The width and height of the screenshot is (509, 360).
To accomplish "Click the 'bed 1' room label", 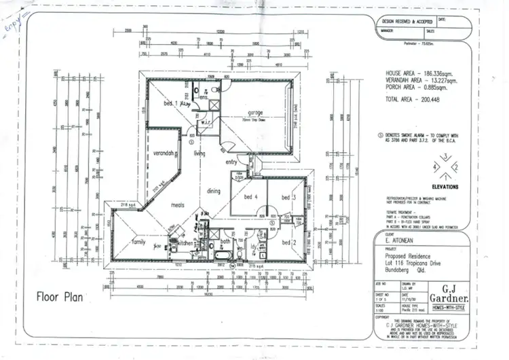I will pyautogui.click(x=170, y=103).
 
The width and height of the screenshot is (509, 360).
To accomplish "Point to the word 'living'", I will pyautogui.click(x=200, y=154).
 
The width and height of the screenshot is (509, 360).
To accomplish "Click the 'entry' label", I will pyautogui.click(x=232, y=162).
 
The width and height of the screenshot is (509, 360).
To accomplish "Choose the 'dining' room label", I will pyautogui.click(x=214, y=192).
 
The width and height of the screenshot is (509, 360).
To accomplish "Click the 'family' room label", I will pyautogui.click(x=138, y=241).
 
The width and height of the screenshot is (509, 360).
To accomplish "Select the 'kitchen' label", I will pyautogui.click(x=186, y=242).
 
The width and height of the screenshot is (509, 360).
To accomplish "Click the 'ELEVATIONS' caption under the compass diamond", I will pyautogui.click(x=443, y=187).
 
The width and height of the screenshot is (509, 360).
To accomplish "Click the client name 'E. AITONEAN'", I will pyautogui.click(x=396, y=239).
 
